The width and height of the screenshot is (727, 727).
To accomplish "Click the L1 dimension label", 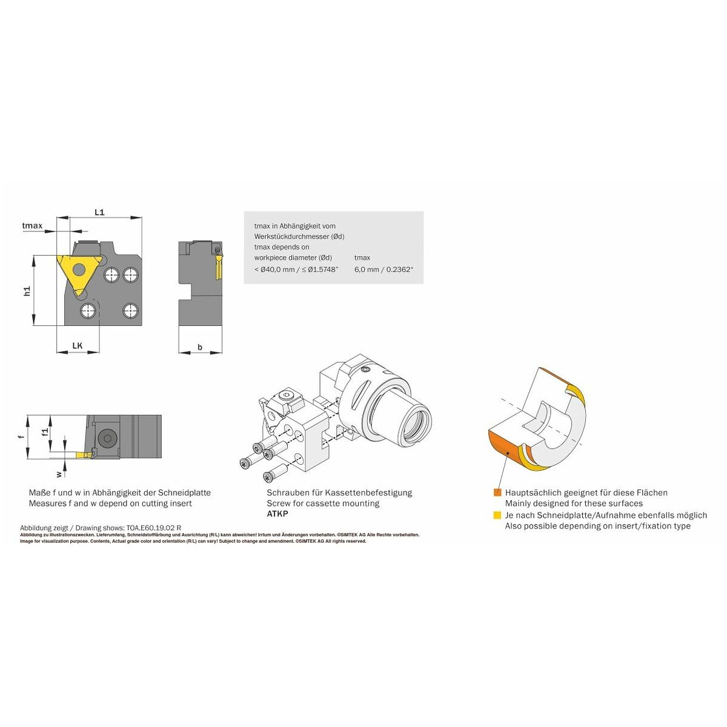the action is (x=99, y=212).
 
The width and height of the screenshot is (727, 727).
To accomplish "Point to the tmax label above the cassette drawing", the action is (x=32, y=225).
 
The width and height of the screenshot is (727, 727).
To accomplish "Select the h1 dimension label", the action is (x=27, y=291).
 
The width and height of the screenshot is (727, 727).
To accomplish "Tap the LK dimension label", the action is (x=78, y=345).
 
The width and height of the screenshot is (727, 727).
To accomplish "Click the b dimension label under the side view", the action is (x=200, y=347).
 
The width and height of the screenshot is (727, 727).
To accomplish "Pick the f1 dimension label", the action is (x=45, y=431).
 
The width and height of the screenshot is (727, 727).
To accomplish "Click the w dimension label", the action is (x=59, y=474).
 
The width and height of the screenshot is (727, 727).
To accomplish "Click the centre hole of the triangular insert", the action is (x=79, y=270).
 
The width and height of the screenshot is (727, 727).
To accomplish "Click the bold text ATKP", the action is (x=277, y=514).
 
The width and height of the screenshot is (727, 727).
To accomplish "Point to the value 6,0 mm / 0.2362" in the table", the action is (x=384, y=270).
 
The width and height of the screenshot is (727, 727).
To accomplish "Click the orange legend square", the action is (x=497, y=493).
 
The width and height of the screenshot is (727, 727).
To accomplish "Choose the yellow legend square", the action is (x=497, y=515).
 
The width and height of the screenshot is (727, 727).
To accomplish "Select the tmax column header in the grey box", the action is (x=362, y=257).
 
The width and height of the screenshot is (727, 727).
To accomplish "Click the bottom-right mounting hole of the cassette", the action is (x=130, y=311).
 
